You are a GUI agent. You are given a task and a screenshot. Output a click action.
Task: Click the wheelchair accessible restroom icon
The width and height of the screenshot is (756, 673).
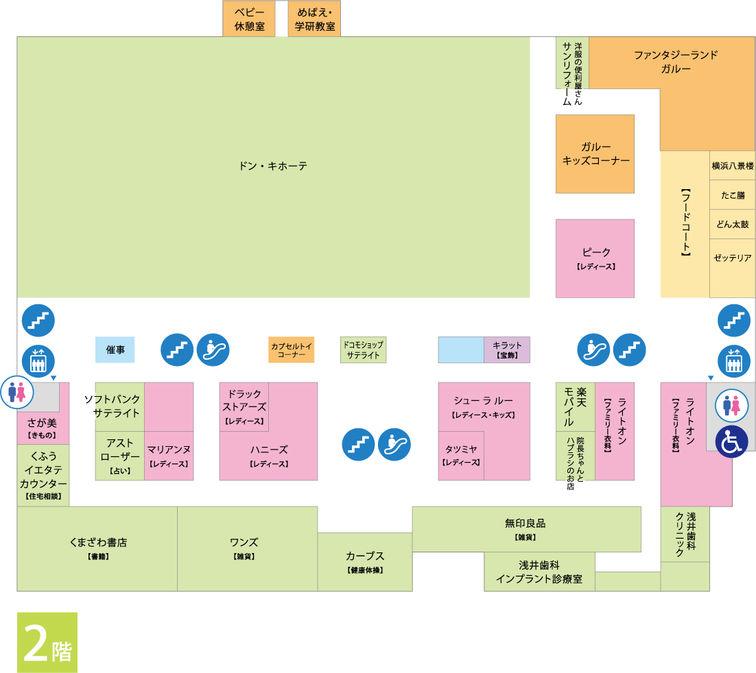click(x=732, y=442)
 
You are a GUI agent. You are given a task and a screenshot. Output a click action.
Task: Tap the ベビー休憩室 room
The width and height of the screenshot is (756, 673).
click(x=248, y=19)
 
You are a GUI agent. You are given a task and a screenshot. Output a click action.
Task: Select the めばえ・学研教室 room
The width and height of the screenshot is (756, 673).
click(x=314, y=19)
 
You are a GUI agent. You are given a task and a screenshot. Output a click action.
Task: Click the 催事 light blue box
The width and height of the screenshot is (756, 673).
click(x=115, y=350)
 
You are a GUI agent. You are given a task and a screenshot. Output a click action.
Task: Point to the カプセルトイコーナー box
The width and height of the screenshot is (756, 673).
click(x=291, y=350)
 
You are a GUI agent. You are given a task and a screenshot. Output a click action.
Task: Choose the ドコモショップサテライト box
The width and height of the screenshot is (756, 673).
click(x=363, y=350)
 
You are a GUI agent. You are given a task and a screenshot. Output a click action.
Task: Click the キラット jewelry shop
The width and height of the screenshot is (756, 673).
click(x=507, y=350)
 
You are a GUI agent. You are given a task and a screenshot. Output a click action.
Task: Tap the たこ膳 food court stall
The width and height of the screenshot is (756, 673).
click(x=733, y=195)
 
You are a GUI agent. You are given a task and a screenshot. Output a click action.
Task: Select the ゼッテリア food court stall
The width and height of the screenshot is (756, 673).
click(x=733, y=258)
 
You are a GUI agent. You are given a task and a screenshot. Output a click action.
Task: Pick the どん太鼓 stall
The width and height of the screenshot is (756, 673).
click(x=733, y=224)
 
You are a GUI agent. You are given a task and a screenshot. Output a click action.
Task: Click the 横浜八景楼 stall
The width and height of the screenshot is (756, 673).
click(x=733, y=165)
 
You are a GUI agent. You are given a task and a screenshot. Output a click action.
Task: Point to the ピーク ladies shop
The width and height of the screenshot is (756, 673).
click(x=595, y=258)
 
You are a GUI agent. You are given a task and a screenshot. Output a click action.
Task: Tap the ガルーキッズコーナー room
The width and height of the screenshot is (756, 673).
click(x=595, y=154)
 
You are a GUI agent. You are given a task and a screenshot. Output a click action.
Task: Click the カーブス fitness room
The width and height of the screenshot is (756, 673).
click(x=364, y=561)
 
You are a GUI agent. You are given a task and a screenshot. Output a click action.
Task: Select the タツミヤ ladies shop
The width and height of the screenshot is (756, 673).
click(x=461, y=454)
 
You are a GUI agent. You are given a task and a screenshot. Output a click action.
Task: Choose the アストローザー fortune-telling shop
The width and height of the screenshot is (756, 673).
click(x=120, y=455)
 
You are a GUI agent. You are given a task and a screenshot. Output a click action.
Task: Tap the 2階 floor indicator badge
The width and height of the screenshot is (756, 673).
click(x=47, y=642)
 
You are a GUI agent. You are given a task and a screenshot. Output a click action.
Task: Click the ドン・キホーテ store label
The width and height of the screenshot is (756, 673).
click(x=273, y=166)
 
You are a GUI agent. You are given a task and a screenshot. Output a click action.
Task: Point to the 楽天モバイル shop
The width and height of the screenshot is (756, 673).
click(x=575, y=406)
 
